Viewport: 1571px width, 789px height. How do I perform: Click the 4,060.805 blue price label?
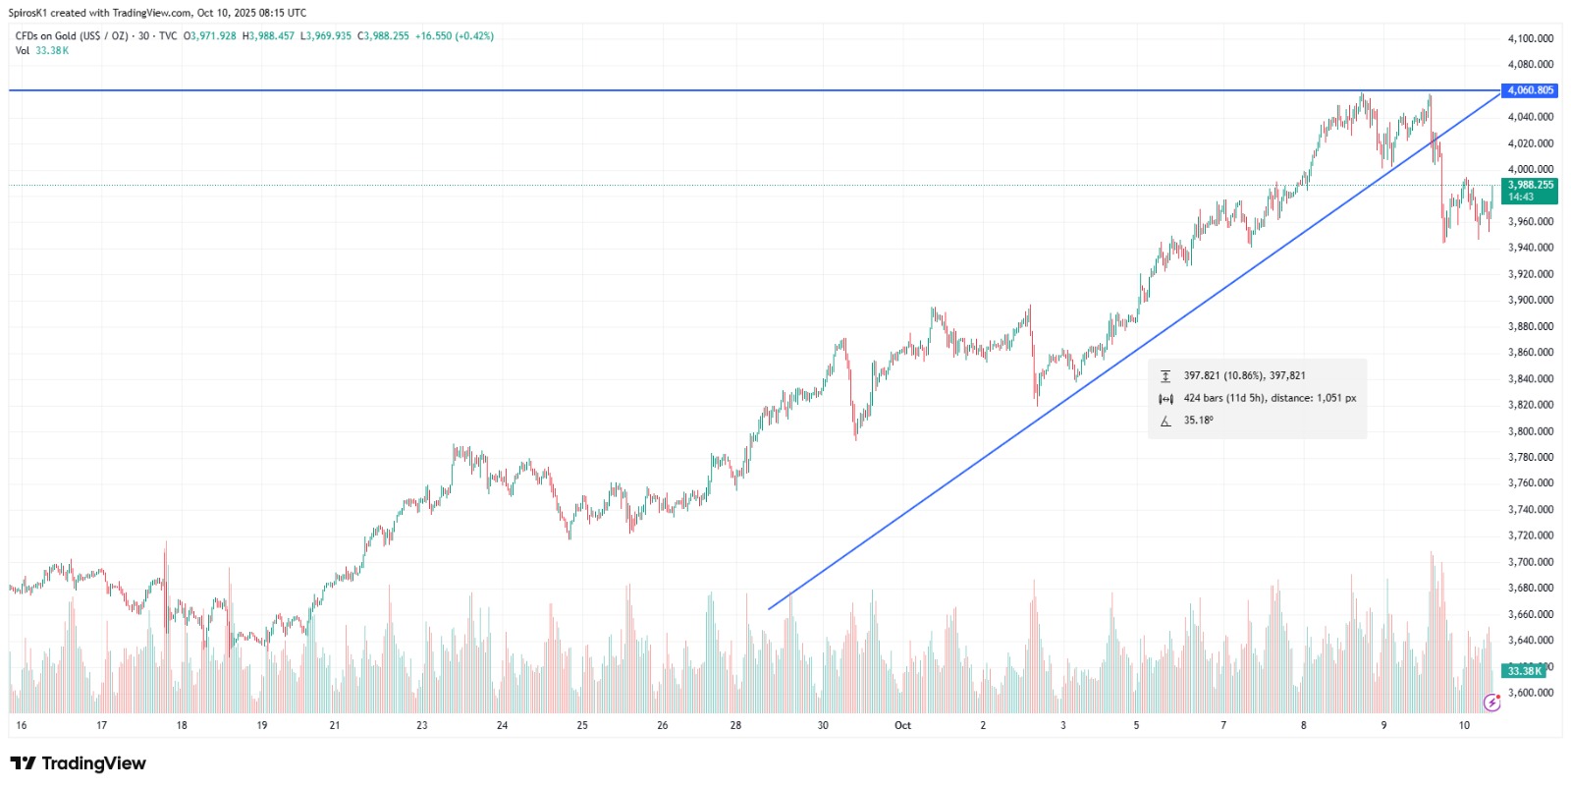tap(1530, 90)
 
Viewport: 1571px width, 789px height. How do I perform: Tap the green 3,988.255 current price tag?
tap(1530, 186)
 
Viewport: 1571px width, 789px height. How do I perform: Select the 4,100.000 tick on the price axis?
tap(1530, 38)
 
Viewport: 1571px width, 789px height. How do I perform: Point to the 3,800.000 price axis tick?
tap(1530, 431)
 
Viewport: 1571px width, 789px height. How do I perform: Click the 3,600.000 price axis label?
tap(1530, 693)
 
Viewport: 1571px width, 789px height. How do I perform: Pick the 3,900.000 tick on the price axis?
tap(1530, 301)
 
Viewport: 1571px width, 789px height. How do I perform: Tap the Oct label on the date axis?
tap(902, 726)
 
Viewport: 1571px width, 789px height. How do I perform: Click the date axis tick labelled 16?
tap(22, 726)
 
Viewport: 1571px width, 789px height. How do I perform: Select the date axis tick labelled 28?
tap(735, 726)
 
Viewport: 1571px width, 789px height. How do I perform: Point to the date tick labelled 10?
tap(1464, 726)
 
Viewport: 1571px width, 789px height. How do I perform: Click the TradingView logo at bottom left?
tap(78, 763)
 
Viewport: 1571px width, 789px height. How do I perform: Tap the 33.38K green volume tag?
tap(1524, 671)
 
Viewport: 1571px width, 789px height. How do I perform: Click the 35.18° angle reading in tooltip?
tap(1198, 421)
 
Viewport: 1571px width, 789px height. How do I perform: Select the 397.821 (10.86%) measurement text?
tap(1244, 376)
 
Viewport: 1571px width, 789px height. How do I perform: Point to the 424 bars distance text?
tap(1270, 399)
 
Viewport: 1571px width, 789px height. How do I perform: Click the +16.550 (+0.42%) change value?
tap(454, 36)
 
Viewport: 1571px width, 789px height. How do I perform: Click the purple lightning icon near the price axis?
tap(1491, 703)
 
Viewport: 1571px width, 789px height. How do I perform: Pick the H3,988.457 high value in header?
tap(268, 36)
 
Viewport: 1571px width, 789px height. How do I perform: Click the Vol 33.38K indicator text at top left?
tap(42, 51)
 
